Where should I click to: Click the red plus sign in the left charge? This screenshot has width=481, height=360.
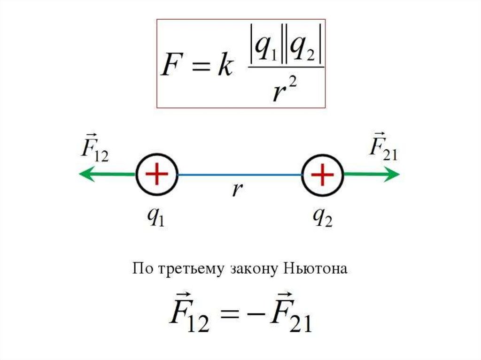(x=156, y=174)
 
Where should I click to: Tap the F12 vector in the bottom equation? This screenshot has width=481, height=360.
(x=190, y=315)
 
